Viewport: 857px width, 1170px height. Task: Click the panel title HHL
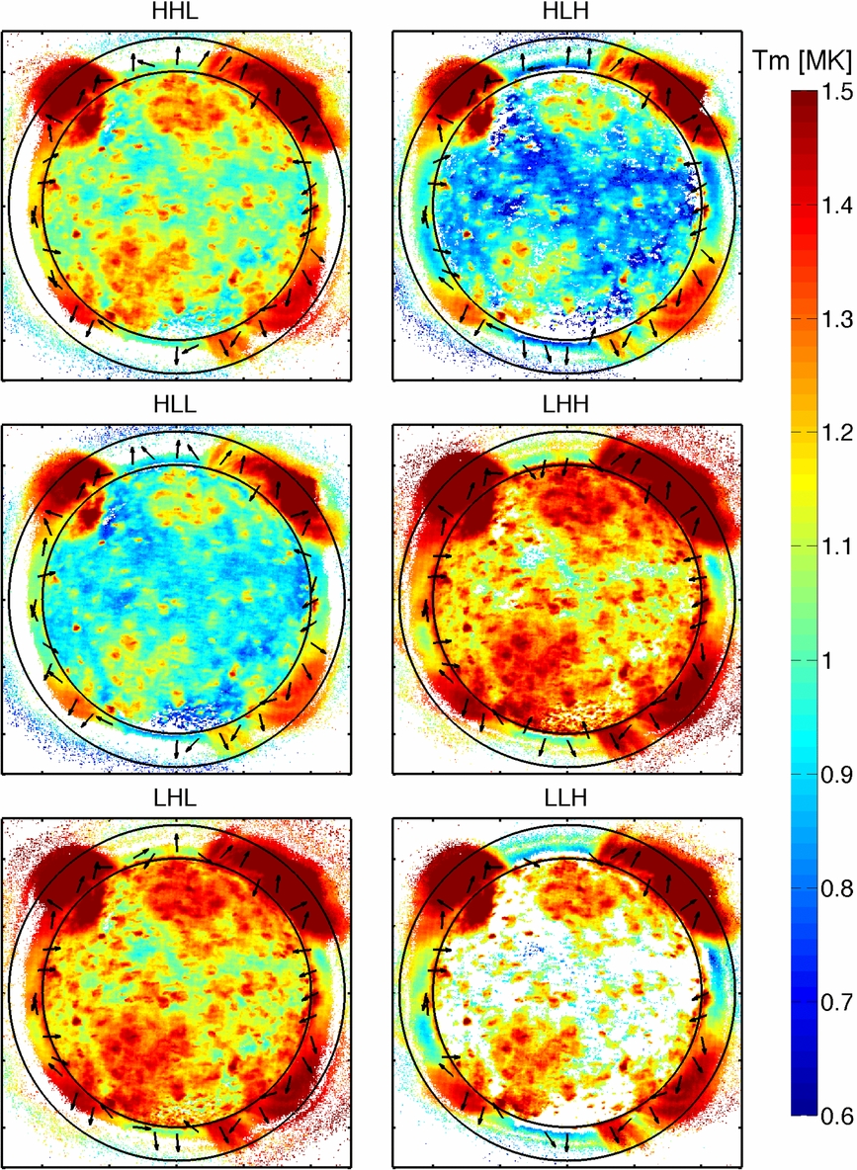click(x=177, y=15)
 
